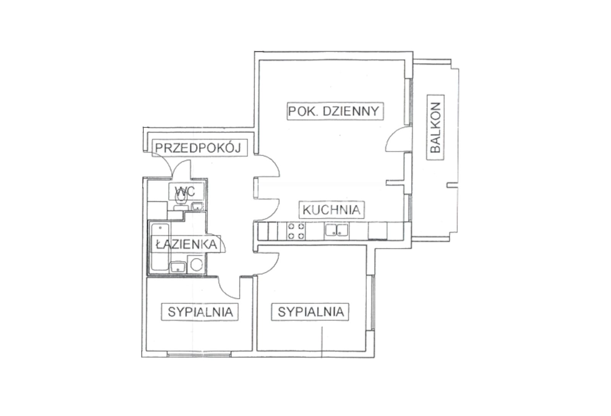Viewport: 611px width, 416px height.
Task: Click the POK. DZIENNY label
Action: click(335, 111)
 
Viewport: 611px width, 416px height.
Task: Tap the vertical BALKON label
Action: click(435, 127)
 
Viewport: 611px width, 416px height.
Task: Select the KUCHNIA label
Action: click(331, 210)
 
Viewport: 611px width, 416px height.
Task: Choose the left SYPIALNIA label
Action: click(200, 312)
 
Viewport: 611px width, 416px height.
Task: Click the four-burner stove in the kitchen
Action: click(296, 231)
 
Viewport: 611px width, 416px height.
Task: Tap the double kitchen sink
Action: click(336, 231)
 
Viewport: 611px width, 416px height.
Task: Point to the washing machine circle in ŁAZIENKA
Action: click(196, 264)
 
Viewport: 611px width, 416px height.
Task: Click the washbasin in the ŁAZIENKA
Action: click(178, 267)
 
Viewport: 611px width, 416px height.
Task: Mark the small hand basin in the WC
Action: click(197, 206)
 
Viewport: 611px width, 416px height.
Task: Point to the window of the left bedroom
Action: click(199, 355)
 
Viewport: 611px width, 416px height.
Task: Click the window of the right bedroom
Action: click(373, 303)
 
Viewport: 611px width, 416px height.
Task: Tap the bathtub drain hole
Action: click(160, 228)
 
